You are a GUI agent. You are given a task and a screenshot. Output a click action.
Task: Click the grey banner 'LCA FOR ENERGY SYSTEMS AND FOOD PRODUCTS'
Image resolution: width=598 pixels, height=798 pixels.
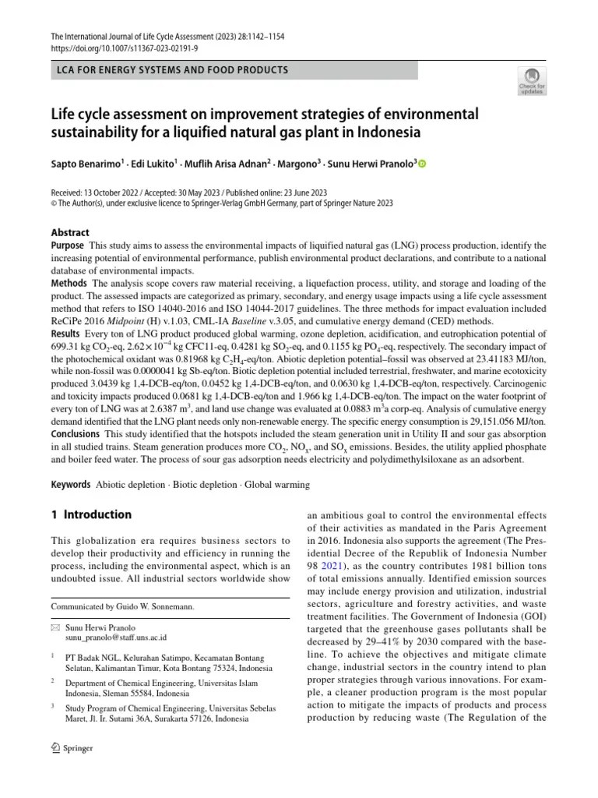point(234,70)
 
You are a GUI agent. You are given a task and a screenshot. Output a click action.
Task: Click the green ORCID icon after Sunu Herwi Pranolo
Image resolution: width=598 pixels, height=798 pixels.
point(423,164)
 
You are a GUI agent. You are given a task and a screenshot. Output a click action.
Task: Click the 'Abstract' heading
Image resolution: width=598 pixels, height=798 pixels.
point(70,232)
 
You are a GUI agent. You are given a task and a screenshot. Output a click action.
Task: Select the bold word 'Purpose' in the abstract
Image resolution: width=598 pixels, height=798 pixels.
point(68,245)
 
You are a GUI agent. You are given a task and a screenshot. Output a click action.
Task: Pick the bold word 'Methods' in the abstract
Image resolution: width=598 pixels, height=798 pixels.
point(69,283)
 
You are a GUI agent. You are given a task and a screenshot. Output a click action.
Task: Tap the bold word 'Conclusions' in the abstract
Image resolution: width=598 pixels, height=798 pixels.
point(76,433)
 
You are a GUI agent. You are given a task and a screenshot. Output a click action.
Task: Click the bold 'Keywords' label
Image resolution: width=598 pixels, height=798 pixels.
point(71,485)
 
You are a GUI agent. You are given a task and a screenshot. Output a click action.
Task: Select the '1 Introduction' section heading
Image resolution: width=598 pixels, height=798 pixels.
point(91,514)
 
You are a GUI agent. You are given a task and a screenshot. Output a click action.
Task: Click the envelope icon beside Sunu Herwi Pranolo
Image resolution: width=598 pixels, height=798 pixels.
point(55,627)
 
